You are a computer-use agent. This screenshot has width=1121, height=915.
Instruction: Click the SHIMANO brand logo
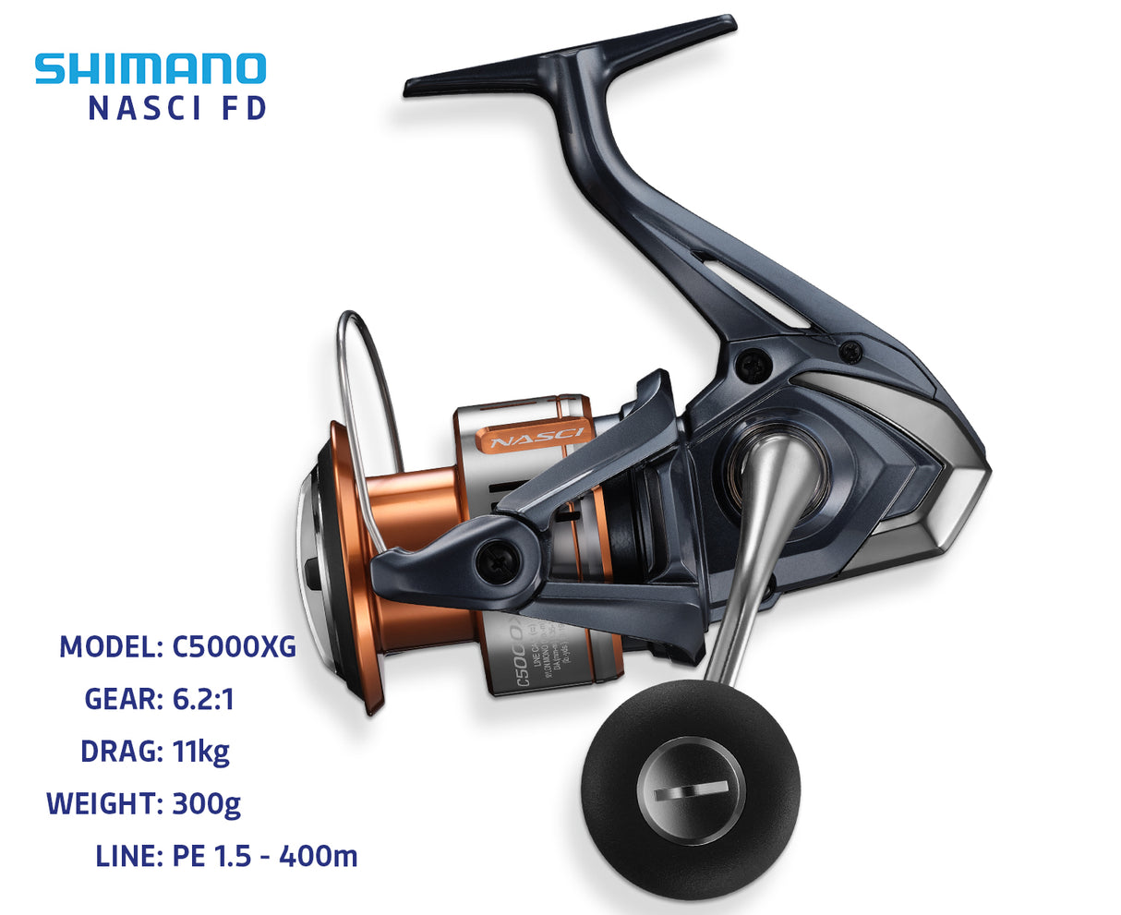click(x=151, y=69)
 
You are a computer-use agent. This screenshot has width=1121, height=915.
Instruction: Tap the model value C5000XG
click(x=235, y=647)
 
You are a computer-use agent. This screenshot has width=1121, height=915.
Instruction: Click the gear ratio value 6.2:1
click(x=203, y=699)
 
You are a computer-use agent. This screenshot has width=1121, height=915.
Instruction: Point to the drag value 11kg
click(x=200, y=752)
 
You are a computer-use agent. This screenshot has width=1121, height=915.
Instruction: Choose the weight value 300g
click(x=206, y=803)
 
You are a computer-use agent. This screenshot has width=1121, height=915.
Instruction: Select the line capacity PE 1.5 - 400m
click(x=265, y=856)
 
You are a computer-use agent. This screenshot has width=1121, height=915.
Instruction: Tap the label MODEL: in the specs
click(x=112, y=647)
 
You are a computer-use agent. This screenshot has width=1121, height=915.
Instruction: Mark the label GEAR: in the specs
click(x=124, y=699)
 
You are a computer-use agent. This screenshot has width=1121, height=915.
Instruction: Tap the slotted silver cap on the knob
click(x=691, y=792)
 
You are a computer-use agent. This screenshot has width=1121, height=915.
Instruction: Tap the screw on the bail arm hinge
click(x=494, y=558)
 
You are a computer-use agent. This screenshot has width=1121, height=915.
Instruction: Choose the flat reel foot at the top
click(x=568, y=57)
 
